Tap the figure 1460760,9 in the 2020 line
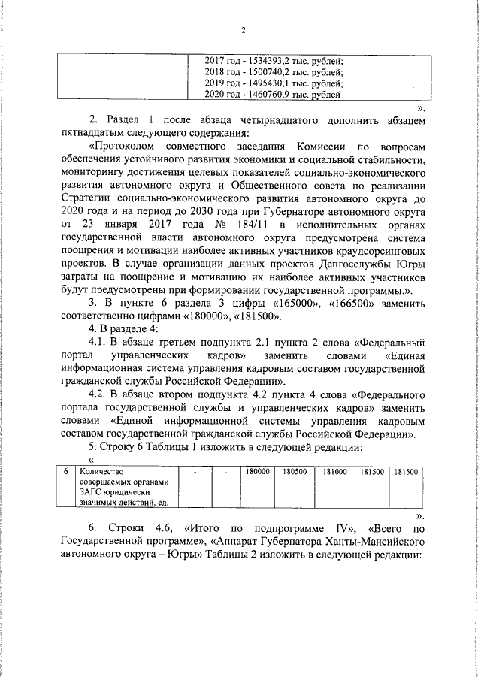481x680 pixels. [x=276, y=95]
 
